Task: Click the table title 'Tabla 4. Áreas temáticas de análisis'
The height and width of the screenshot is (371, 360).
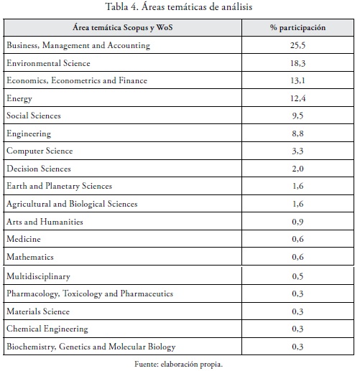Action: tap(179, 6)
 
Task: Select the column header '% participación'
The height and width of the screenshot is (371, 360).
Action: tap(297, 27)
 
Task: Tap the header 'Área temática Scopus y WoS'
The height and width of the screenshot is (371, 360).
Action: tap(123, 27)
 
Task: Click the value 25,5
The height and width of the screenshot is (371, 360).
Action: tap(297, 45)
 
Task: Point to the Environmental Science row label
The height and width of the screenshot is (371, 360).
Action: tap(48, 63)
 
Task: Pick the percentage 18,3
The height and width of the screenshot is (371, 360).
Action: tap(297, 63)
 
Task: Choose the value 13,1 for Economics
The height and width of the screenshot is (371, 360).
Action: tap(297, 80)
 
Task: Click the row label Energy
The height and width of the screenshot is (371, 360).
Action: tap(19, 98)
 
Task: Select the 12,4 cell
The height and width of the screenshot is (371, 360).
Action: tap(297, 98)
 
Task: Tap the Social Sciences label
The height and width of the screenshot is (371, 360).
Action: tap(34, 116)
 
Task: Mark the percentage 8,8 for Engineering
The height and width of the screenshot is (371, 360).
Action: tap(297, 133)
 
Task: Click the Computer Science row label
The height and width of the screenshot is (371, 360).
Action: tap(40, 151)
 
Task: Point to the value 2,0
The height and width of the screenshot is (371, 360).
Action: tap(297, 169)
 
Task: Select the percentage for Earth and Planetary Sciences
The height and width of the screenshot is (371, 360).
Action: tap(297, 186)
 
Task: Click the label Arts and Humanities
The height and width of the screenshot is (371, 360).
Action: tap(45, 222)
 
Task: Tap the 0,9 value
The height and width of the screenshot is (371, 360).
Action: tap(297, 222)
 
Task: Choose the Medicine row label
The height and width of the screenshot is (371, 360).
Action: tap(24, 239)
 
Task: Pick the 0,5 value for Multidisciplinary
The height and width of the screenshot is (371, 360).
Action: tap(297, 276)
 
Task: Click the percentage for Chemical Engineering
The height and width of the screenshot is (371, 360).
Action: tap(297, 329)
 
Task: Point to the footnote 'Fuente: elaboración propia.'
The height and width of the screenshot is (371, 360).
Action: tap(179, 365)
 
